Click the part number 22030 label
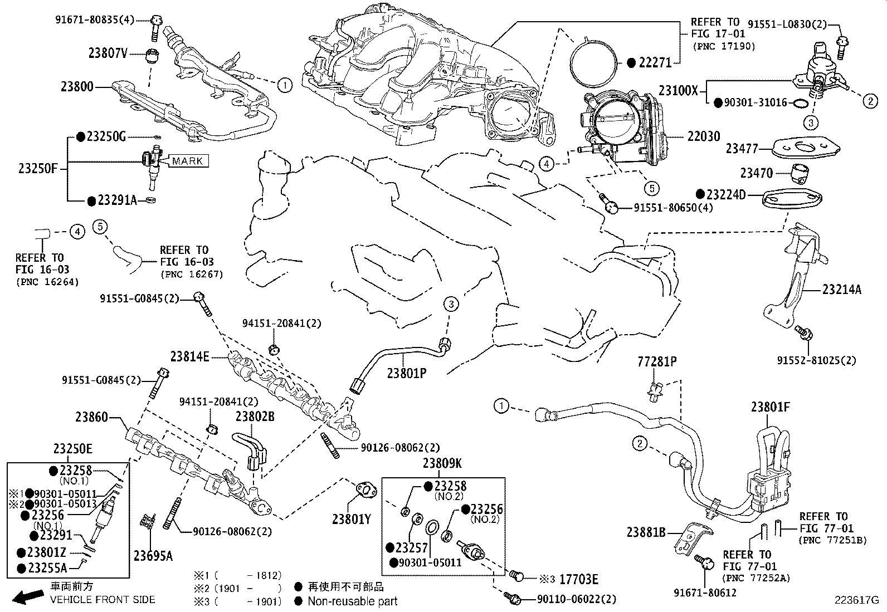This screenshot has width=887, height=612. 704,136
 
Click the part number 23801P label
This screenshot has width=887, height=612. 407,373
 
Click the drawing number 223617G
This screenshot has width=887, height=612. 856,600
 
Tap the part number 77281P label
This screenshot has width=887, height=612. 657,362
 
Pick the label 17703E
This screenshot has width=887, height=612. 578,580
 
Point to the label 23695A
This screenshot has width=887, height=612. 153,555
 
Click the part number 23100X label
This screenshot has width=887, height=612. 678,90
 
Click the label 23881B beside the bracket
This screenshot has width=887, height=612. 646,532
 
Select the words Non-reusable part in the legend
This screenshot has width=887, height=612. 353,601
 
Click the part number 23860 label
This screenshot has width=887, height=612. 92,417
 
